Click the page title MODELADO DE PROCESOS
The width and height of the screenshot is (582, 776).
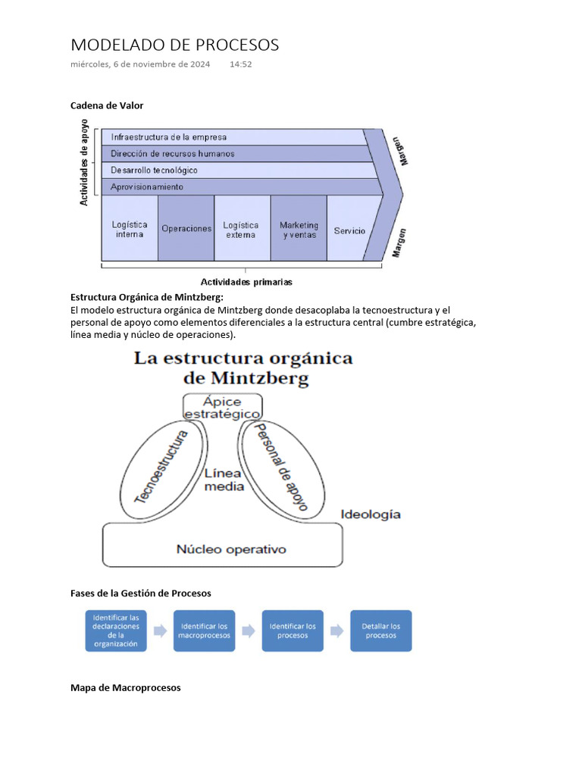click(x=174, y=45)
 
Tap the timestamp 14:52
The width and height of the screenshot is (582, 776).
click(x=240, y=65)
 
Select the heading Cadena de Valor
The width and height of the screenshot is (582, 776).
click(x=107, y=105)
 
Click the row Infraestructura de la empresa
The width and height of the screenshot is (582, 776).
click(x=227, y=137)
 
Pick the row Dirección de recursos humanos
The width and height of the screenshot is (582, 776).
click(x=227, y=154)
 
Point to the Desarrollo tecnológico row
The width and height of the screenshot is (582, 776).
click(x=227, y=171)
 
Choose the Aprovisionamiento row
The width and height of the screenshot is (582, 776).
click(x=227, y=186)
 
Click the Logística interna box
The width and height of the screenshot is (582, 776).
click(x=130, y=230)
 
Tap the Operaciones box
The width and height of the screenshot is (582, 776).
click(x=186, y=229)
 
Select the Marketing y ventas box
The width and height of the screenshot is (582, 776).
click(x=299, y=230)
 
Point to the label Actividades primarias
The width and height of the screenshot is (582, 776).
click(x=246, y=282)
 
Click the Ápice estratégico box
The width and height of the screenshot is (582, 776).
click(x=223, y=406)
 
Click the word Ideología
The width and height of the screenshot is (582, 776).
click(x=371, y=514)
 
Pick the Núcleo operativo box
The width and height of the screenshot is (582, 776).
click(x=231, y=549)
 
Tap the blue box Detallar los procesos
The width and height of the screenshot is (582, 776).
click(x=380, y=630)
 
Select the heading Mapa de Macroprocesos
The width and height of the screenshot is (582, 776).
click(x=126, y=688)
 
